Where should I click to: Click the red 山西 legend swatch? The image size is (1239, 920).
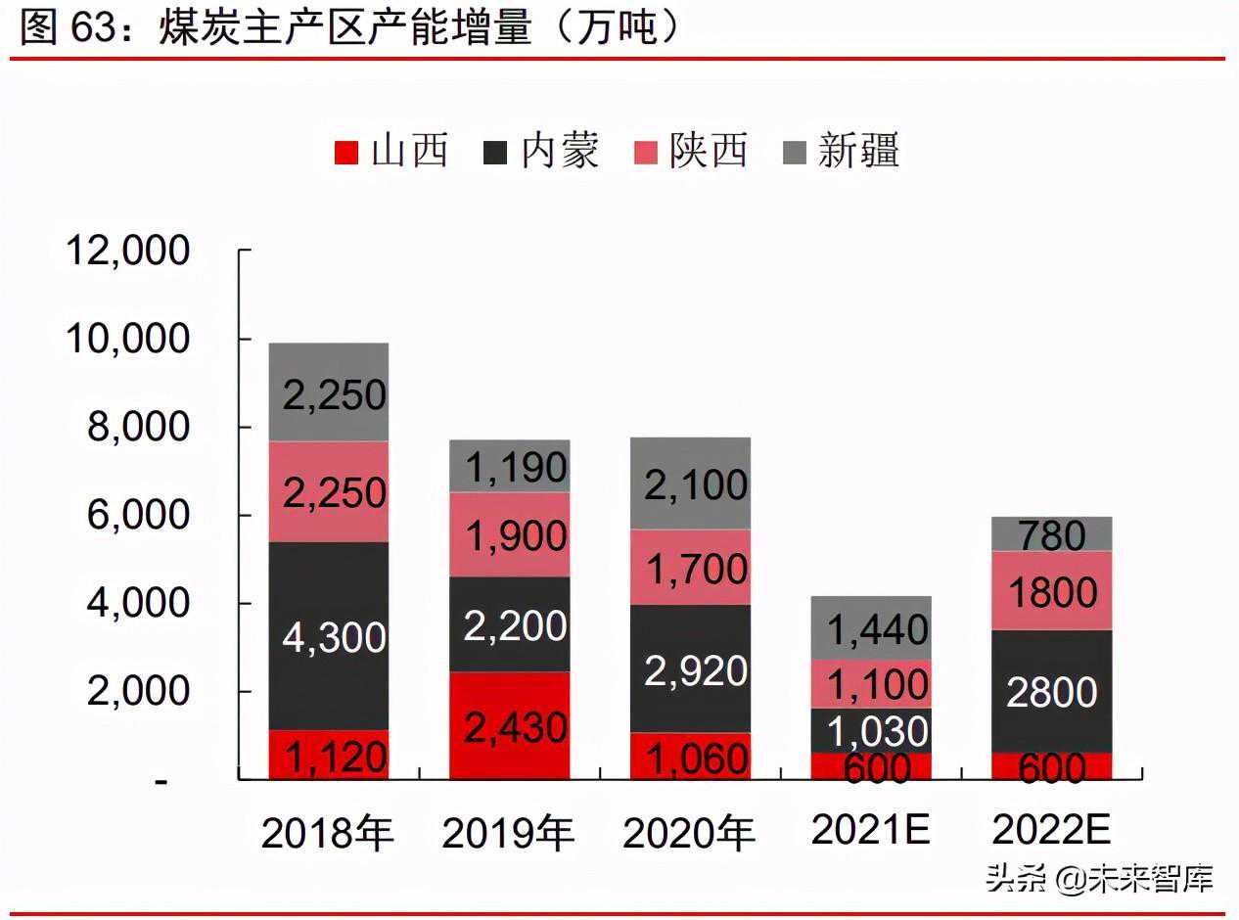click(346, 153)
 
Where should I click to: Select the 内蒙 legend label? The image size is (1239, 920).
click(559, 152)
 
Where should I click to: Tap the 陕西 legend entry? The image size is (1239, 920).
click(708, 152)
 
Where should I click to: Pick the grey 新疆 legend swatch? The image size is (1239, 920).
click(795, 153)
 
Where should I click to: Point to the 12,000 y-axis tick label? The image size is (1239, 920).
click(127, 251)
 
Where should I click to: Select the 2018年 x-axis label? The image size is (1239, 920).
click(328, 834)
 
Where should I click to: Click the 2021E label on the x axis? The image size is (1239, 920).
click(871, 831)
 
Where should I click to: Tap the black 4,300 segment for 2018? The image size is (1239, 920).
click(329, 636)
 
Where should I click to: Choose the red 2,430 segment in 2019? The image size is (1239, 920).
click(509, 725)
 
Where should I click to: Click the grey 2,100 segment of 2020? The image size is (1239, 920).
click(690, 483)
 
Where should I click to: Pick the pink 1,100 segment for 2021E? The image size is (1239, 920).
click(871, 683)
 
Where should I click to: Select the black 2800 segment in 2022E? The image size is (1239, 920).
click(1052, 691)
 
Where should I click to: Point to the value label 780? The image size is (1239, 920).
click(1052, 535)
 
